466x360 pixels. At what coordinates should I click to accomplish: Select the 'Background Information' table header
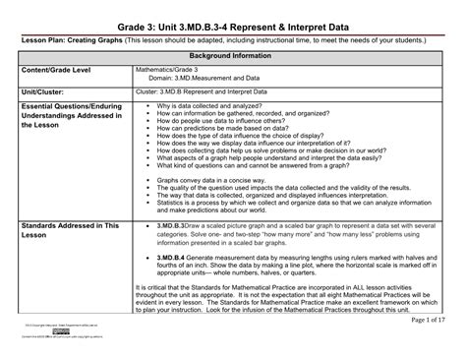point(233,58)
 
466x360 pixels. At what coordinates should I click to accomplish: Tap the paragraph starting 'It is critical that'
point(285,301)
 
